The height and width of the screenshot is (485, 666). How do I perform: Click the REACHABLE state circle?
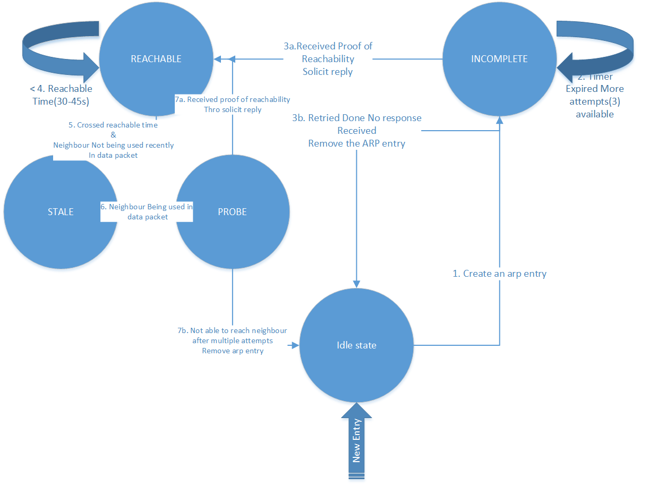click(156, 59)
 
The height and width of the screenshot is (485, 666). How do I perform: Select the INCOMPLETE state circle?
click(499, 59)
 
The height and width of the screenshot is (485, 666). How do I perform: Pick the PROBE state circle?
click(233, 211)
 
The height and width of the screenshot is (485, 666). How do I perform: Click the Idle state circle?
click(356, 345)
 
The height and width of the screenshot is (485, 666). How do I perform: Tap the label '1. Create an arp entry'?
click(499, 274)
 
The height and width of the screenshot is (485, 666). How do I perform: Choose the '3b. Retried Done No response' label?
click(357, 117)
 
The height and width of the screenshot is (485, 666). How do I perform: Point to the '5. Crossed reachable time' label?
click(113, 125)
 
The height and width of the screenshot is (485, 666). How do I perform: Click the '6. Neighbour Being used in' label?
click(147, 207)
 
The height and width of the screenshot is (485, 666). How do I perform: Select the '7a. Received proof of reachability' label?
click(233, 99)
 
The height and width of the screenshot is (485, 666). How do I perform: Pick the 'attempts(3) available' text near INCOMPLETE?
click(594, 108)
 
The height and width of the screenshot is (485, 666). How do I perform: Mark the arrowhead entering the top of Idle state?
click(356, 284)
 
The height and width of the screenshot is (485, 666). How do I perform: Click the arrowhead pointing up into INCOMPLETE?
click(499, 121)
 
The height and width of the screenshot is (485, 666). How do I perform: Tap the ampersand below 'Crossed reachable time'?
click(113, 135)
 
